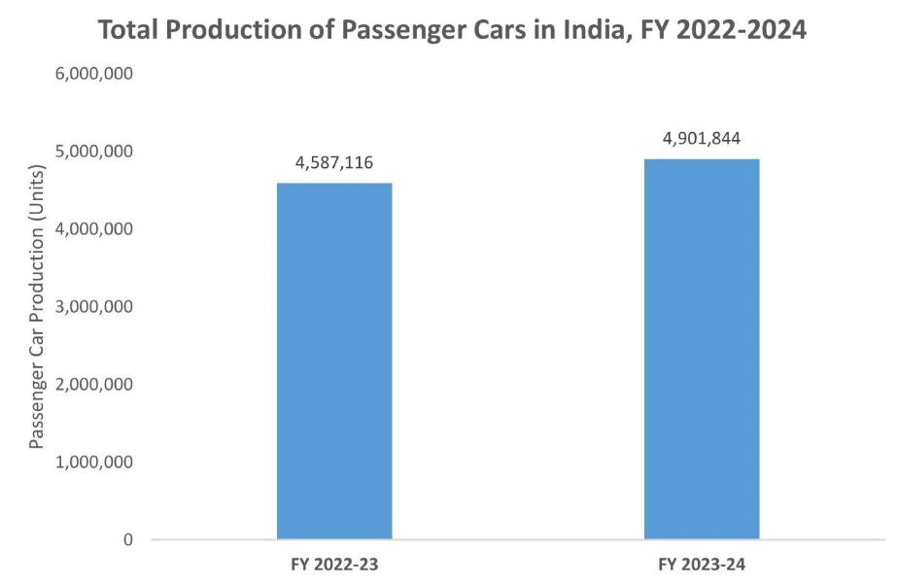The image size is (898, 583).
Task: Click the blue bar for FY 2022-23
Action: pos(334,360)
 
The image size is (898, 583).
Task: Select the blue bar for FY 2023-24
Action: pos(702,349)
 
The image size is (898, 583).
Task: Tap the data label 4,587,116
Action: pos(334,162)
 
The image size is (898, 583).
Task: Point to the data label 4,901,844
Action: pos(702,138)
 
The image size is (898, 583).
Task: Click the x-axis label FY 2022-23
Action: pos(334,563)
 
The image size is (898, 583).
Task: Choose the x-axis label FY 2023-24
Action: pos(702,563)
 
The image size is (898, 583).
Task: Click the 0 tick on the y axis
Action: pos(127,539)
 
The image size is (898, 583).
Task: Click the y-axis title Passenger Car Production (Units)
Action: pos(37,307)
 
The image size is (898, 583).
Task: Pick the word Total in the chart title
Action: pos(130,30)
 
